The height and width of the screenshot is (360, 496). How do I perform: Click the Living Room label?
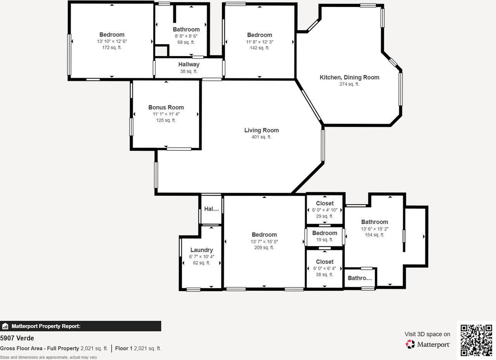tap(262, 130)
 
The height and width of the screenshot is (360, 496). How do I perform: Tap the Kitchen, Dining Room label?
tap(350, 78)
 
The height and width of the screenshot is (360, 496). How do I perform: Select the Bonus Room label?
tap(166, 107)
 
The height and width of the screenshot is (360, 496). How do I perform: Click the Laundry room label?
tap(201, 250)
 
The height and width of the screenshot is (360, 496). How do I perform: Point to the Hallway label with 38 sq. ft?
tap(189, 64)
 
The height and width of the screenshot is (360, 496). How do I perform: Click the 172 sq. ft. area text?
tap(112, 48)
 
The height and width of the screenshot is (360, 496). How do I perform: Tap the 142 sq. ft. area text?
tap(260, 48)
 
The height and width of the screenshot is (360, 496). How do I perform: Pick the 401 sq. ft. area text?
tap(262, 137)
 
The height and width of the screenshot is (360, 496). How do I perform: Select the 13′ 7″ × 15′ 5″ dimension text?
tap(264, 241)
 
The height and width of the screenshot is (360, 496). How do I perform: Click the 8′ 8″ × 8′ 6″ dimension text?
tap(186, 36)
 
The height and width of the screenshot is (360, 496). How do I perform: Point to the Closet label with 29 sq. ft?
tap(325, 203)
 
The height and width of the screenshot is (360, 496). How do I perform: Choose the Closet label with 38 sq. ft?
tap(325, 262)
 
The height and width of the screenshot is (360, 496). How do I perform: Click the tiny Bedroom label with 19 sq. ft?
tap(325, 233)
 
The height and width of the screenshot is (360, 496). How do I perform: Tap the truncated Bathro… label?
tap(360, 278)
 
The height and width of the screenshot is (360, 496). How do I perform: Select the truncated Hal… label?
tap(211, 209)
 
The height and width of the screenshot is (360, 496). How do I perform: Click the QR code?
tap(476, 340)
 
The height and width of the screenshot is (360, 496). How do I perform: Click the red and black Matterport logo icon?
tap(410, 344)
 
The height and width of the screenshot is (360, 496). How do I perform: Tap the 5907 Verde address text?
tap(17, 338)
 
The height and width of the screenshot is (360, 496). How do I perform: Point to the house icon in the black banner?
tap(5, 326)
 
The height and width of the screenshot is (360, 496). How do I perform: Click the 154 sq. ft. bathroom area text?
tap(374, 235)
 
